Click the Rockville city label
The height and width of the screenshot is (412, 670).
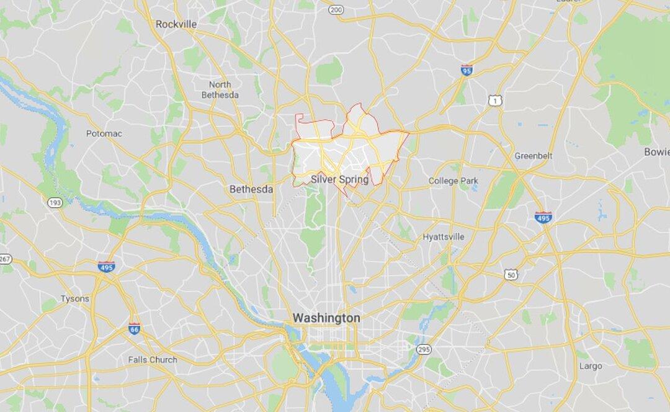click(176, 24)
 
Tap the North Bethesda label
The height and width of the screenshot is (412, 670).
click(220, 89)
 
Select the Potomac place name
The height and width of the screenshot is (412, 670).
click(104, 133)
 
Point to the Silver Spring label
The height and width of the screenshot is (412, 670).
click(339, 180)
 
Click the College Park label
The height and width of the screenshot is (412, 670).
click(453, 181)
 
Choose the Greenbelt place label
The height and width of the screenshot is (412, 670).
click(533, 156)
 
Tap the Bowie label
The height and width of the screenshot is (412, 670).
click(656, 151)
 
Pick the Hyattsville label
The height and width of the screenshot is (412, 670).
click(443, 236)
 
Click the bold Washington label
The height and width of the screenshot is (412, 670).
click(326, 318)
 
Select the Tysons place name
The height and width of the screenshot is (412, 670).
click(74, 298)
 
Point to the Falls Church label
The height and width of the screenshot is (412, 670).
click(152, 359)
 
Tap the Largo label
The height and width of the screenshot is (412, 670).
click(591, 366)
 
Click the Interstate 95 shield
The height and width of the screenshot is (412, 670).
click(467, 70)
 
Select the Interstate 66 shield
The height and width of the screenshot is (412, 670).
click(135, 328)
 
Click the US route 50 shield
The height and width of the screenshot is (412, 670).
click(511, 274)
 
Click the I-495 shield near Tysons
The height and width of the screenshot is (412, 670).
click(106, 266)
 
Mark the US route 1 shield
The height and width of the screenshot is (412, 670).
click(494, 99)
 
